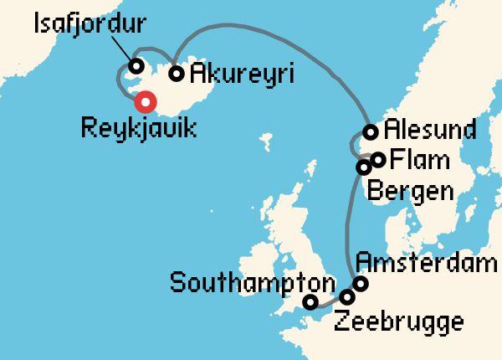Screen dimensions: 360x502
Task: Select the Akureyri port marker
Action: [177, 73]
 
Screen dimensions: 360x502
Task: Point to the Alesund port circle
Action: [371, 131]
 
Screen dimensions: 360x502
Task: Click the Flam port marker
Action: [378, 159]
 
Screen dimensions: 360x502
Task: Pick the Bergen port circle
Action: [364, 167]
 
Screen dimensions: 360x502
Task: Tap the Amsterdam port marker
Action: [361, 284]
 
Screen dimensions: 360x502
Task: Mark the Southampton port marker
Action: [310, 302]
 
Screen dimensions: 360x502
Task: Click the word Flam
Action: [419, 159]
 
